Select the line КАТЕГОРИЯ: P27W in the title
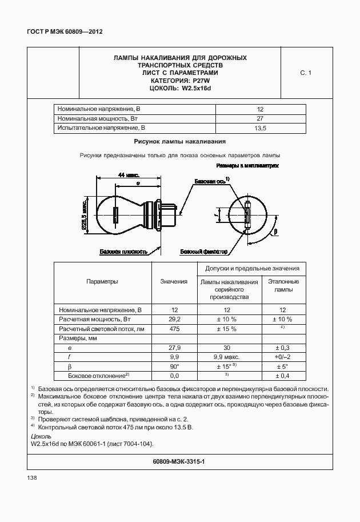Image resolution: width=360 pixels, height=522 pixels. click(x=180, y=81)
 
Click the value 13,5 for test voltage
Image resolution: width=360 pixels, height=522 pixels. click(x=260, y=128)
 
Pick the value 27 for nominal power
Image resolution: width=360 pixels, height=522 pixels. click(x=260, y=118)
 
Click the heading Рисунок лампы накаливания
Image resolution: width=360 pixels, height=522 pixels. click(x=180, y=141)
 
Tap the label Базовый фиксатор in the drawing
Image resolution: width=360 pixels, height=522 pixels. click(x=203, y=252)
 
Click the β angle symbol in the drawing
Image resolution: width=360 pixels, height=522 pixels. click(x=275, y=232)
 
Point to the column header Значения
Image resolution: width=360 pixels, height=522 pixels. click(x=174, y=281)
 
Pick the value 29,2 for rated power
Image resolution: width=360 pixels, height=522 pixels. click(x=174, y=318)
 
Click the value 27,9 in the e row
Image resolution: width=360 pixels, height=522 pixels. click(x=174, y=348)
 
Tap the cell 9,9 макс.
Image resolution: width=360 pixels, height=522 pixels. click(x=227, y=357)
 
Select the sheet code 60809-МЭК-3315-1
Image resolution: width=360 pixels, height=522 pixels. click(x=180, y=461)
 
